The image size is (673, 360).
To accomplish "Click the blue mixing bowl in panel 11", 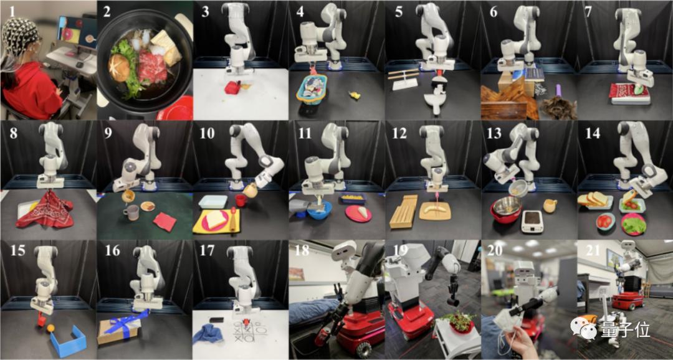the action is tap(320, 211).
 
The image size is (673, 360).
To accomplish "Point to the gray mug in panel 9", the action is tap(131, 212).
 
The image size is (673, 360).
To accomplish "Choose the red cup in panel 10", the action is tap(241, 200).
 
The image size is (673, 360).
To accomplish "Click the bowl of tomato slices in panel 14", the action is tap(605, 221).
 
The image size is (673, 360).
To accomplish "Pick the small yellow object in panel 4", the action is tap(355, 95).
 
